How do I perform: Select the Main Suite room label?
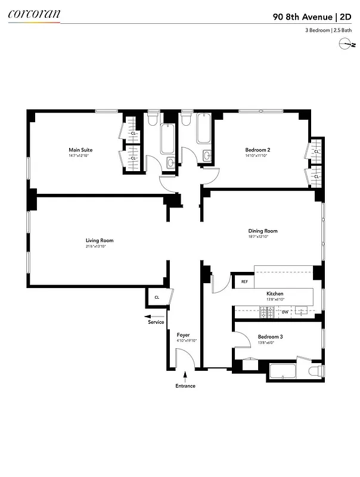pyautogui.click(x=80, y=150)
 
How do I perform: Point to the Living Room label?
pyautogui.click(x=99, y=240)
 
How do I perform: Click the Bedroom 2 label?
pyautogui.click(x=257, y=150)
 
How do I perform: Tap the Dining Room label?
pyautogui.click(x=263, y=231)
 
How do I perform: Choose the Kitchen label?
pyautogui.click(x=275, y=294)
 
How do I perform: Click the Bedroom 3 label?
pyautogui.click(x=270, y=336)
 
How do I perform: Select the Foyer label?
pyautogui.click(x=183, y=335)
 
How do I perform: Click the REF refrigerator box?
pyautogui.click(x=244, y=281)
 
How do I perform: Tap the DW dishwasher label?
pyautogui.click(x=285, y=311)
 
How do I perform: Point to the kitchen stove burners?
pyautogui.click(x=266, y=311)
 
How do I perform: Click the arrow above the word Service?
pyautogui.click(x=155, y=316)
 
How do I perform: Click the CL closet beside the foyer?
pyautogui.click(x=157, y=297)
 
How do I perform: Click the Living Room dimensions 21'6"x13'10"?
pyautogui.click(x=99, y=247)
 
